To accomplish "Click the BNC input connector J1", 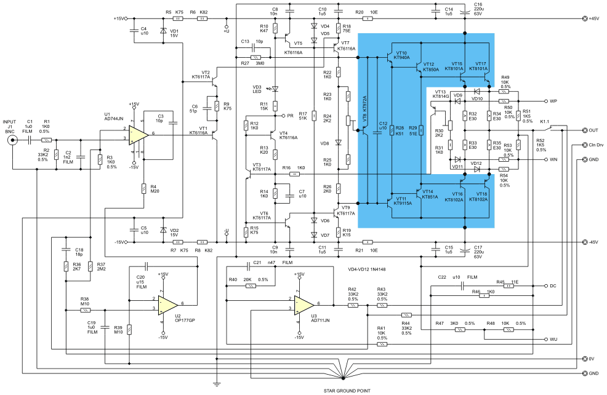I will point(11,140).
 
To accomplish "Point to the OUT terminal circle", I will point(583,130).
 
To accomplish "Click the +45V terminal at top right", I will point(583,19).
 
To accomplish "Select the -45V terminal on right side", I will point(583,242).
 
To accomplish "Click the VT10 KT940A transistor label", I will point(406,55).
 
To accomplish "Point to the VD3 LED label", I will point(257,89).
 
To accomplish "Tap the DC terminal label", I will point(553,286).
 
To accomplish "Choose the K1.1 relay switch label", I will point(545,122).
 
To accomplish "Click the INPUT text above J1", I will point(10,122).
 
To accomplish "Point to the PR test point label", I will point(290,115).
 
